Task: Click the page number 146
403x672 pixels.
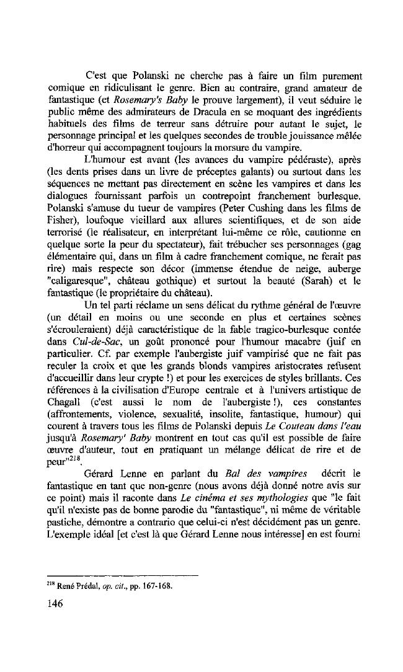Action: pos(56,604)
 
